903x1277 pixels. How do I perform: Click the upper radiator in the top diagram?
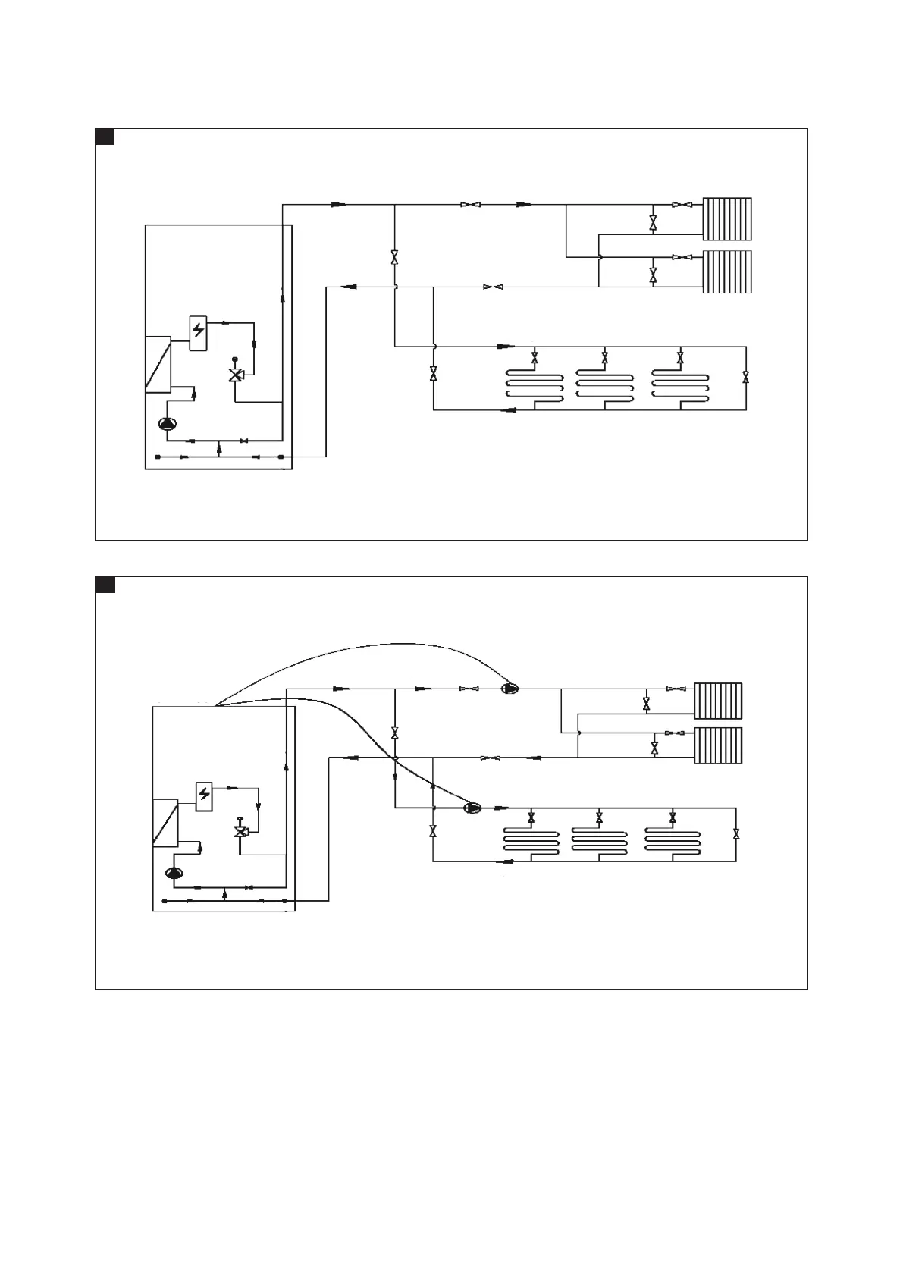click(727, 219)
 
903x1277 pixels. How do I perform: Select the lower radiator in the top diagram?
click(727, 271)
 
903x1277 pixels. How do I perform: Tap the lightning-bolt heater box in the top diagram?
click(199, 332)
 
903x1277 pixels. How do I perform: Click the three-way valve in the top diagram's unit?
click(236, 375)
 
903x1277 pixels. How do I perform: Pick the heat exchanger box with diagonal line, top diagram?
click(158, 364)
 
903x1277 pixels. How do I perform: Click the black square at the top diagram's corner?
click(104, 136)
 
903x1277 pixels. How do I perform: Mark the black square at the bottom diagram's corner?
click(104, 585)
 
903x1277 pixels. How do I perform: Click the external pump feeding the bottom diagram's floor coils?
click(472, 808)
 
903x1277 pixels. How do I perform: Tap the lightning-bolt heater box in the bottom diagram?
click(204, 795)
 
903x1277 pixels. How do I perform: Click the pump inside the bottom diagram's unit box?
click(174, 873)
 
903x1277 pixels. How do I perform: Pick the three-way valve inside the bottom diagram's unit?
click(241, 832)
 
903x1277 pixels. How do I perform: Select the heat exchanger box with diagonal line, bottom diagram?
click(165, 823)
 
